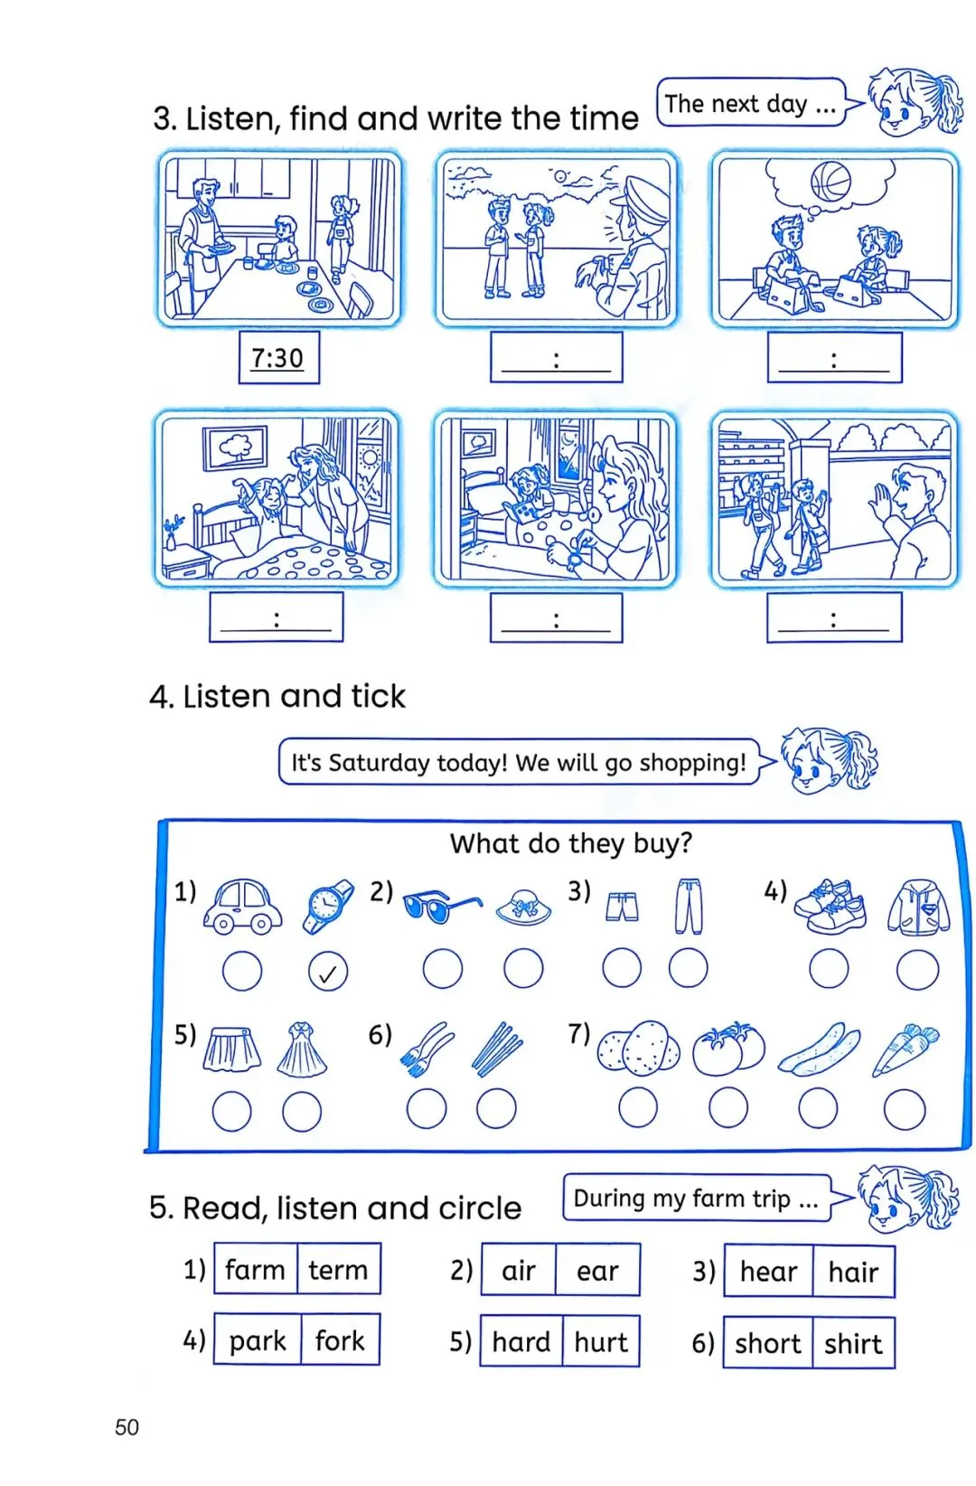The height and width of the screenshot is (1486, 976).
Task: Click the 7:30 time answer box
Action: (x=278, y=358)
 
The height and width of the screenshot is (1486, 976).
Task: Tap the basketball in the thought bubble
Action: (x=830, y=182)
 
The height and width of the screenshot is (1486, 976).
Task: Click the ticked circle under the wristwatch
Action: (x=327, y=972)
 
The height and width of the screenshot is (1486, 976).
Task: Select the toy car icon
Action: (x=242, y=906)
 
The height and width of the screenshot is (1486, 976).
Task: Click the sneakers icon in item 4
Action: (x=830, y=907)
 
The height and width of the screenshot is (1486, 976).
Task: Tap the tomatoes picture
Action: (x=728, y=1049)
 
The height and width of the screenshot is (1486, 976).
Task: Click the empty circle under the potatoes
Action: (x=638, y=1107)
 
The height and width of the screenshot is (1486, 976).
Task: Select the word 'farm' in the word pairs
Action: (x=255, y=1270)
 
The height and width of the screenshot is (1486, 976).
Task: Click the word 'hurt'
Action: (x=601, y=1341)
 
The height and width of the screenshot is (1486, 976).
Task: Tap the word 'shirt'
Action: (x=853, y=1344)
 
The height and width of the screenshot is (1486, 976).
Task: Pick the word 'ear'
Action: (x=597, y=1271)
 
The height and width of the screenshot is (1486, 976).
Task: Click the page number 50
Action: (x=127, y=1427)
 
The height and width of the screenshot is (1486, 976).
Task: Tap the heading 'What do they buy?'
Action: (x=570, y=843)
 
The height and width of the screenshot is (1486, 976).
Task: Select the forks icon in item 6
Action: (x=426, y=1049)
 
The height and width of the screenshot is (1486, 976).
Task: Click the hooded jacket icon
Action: (x=918, y=907)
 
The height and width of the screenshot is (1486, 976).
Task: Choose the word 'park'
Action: (x=258, y=1341)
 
